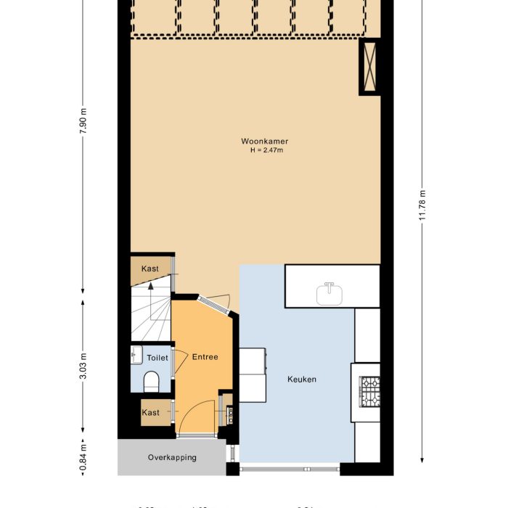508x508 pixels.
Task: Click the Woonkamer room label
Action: [x=260, y=141]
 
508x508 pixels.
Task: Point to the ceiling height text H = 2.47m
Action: [x=260, y=150]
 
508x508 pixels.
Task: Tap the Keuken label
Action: [x=302, y=379]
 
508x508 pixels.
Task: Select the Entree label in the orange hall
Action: [x=205, y=357]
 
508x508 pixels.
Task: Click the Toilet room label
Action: [x=157, y=358]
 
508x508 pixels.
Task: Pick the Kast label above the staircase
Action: [x=150, y=269]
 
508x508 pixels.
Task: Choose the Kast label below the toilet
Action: [x=151, y=412]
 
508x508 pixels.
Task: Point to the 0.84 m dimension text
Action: [x=83, y=456]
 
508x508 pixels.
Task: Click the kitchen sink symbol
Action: [x=331, y=293]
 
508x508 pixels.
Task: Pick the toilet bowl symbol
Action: [x=152, y=381]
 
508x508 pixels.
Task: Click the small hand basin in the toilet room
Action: [x=136, y=355]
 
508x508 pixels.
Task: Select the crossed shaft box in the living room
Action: [x=369, y=66]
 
